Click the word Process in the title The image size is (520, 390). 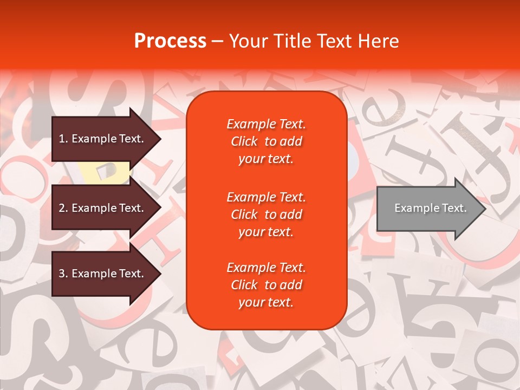click(x=170, y=41)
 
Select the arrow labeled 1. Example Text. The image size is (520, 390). click(x=103, y=139)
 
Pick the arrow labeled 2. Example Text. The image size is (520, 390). click(x=103, y=208)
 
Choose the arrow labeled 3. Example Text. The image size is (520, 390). click(x=103, y=274)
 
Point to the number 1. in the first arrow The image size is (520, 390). click(x=63, y=139)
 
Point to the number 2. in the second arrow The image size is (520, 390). click(x=63, y=208)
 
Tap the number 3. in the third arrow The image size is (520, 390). click(x=63, y=274)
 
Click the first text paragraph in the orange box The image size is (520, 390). click(x=266, y=141)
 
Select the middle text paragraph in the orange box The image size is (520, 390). click(x=266, y=214)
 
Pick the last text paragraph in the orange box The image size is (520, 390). click(x=266, y=285)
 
